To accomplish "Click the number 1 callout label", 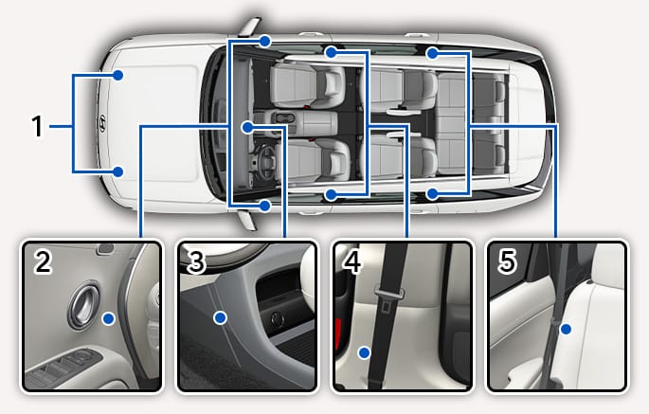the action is pos(37,126).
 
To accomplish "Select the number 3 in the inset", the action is pos(196,261).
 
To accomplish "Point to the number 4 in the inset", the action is pos(352,261).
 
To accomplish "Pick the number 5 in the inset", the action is pos(508,261).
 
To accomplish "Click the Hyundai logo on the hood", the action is pos(101,123).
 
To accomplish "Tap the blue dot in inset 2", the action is pos(109,318).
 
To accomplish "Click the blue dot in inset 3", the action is pos(220,318).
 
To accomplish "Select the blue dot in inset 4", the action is pos(365,353).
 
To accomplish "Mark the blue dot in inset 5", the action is pos(566,330).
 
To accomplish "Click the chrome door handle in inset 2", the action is pos(84,305).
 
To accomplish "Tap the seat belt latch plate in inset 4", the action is pos(389,296).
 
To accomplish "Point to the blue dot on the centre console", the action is pos(247,128).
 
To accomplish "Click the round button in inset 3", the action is pos(277,318).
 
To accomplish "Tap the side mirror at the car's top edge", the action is pos(249,27).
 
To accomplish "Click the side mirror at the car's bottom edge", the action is pos(247,220).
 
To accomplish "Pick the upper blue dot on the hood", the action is pos(118,76).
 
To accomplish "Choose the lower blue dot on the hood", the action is pos(118,171).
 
